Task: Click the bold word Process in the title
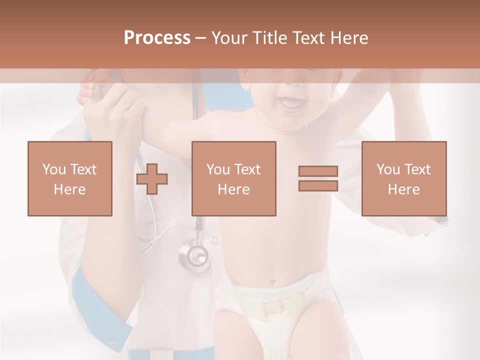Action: pos(157,38)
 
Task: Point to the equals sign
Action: pos(318,178)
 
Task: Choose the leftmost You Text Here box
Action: pos(69,178)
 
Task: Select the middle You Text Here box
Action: pos(233,178)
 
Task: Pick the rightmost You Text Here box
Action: pos(403,178)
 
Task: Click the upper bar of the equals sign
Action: pos(318,171)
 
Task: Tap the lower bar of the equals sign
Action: pos(318,185)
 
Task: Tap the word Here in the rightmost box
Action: pos(403,189)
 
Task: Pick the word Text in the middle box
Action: pos(247,169)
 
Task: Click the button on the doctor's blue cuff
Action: pos(113,344)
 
